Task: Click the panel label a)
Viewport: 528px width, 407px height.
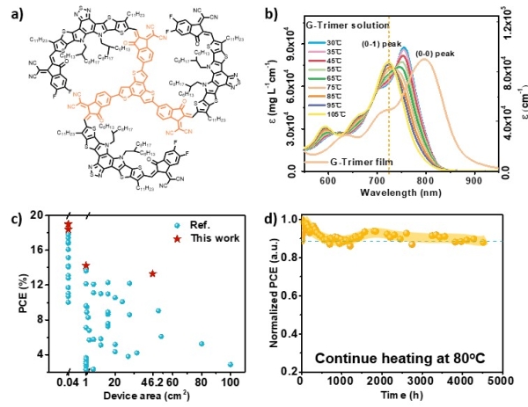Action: point(12,10)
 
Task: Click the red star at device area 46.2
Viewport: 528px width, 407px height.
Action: point(153,273)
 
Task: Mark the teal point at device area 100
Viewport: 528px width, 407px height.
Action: point(231,364)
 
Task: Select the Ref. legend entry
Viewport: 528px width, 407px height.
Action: point(204,224)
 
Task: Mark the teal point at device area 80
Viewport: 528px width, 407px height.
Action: point(202,344)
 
